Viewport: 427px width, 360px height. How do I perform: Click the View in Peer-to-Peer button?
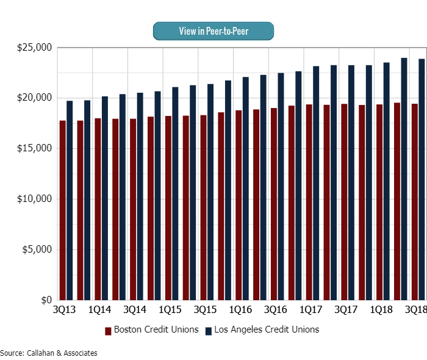(213, 31)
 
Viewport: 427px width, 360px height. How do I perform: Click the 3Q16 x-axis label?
(275, 311)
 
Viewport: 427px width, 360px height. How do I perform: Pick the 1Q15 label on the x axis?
(170, 311)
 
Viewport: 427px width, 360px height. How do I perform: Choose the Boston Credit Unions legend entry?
(152, 330)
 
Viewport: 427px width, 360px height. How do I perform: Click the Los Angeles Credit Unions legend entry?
(262, 330)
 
